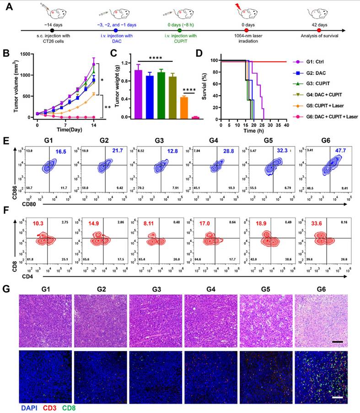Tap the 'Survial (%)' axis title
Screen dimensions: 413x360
coord(209,86)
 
